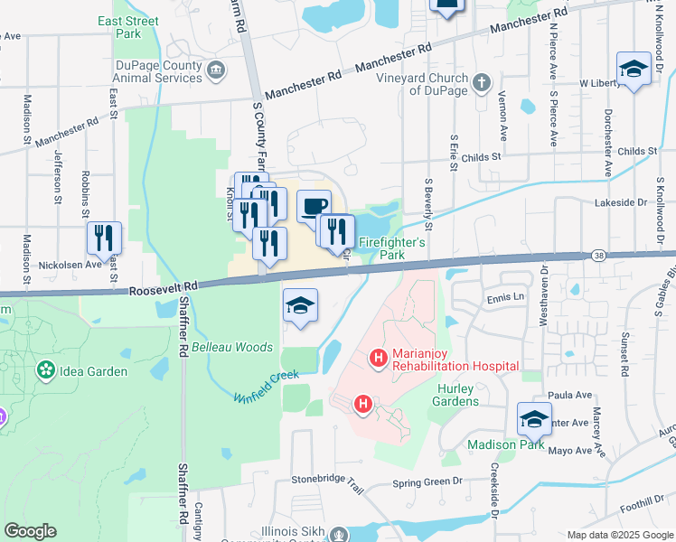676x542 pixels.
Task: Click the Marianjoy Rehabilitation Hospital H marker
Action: (x=378, y=360)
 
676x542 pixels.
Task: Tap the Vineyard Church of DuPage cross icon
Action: (x=483, y=83)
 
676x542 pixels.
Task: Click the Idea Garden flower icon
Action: (x=44, y=370)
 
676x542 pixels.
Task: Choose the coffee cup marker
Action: (x=313, y=207)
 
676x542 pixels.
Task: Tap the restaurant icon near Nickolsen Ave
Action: (x=104, y=238)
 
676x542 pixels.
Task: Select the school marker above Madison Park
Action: (x=534, y=419)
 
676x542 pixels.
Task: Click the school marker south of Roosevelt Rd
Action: (x=301, y=307)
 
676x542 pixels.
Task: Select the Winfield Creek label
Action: (x=266, y=386)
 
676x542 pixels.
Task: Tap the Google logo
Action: (x=30, y=531)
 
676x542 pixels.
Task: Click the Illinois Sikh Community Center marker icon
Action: (x=339, y=535)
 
